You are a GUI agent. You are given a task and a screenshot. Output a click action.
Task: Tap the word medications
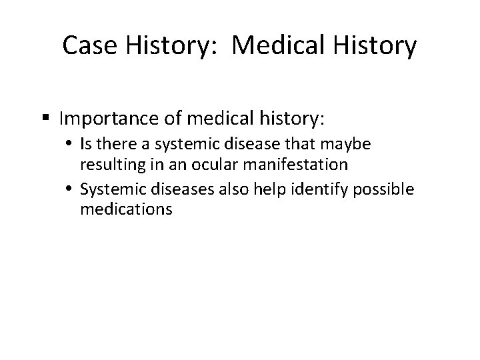coord(126,209)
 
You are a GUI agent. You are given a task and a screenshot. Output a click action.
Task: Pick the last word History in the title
coord(377,46)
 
